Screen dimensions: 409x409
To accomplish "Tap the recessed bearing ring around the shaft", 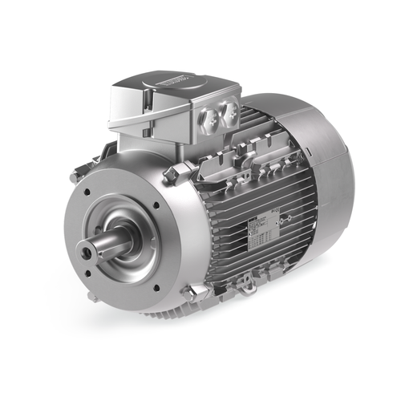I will coord(120,241).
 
